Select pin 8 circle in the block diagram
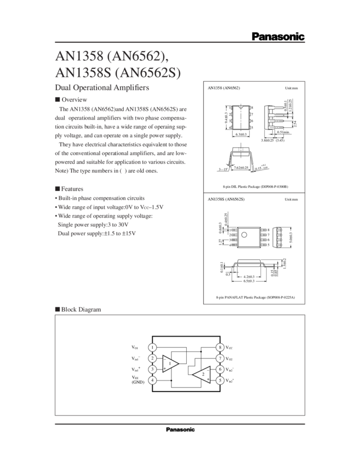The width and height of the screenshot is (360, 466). (219, 348)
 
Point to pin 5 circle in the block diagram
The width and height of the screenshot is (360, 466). (219, 380)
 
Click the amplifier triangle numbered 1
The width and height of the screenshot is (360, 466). (171, 363)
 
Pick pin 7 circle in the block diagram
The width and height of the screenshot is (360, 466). (219, 359)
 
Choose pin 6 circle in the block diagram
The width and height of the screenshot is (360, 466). (219, 369)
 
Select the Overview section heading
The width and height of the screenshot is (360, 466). (72, 100)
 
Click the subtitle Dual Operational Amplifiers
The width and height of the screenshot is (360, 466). (102, 87)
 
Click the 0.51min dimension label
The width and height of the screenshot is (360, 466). (284, 132)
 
